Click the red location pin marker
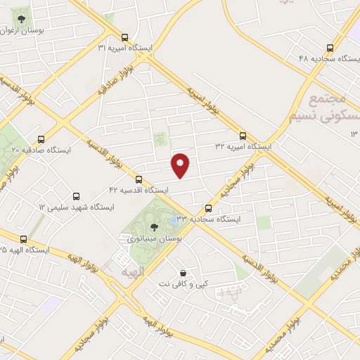pos(181,165)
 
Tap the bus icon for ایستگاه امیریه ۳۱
pos(125,37)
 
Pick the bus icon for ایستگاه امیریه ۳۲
pos(243,135)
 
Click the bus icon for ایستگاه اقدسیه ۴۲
pos(139,179)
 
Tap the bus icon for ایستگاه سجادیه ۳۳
pos(208,208)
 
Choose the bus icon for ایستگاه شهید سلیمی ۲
pos(77,195)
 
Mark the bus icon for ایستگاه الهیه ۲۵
pos(24,239)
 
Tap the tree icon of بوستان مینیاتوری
pos(154,227)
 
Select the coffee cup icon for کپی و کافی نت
pos(184,273)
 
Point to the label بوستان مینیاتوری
pos(150,240)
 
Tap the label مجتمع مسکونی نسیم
pos(321,108)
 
